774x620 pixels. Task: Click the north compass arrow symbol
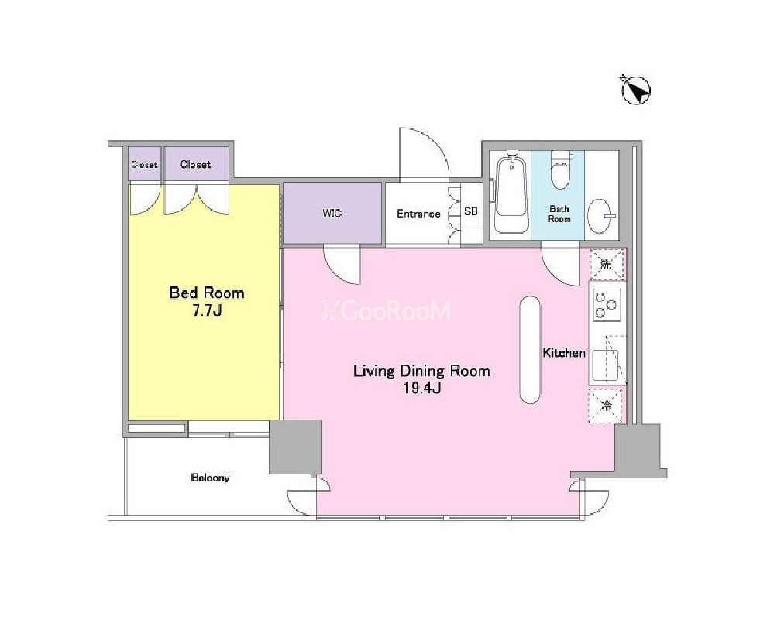pyautogui.click(x=635, y=91)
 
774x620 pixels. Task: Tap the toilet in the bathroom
pyautogui.click(x=561, y=170)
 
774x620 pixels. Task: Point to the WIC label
pyautogui.click(x=332, y=213)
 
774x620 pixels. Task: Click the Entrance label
pyautogui.click(x=418, y=214)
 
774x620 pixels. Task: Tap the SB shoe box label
pyautogui.click(x=471, y=211)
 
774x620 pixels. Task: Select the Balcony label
pyautogui.click(x=210, y=478)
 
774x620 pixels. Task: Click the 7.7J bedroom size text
pyautogui.click(x=207, y=310)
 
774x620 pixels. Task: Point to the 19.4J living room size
pyautogui.click(x=422, y=389)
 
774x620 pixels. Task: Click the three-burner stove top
pyautogui.click(x=607, y=305)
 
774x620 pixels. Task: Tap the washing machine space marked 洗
pyautogui.click(x=607, y=265)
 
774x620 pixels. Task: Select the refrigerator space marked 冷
pyautogui.click(x=606, y=406)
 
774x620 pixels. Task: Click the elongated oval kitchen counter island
pyautogui.click(x=531, y=350)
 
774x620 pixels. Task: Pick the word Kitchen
pyautogui.click(x=564, y=352)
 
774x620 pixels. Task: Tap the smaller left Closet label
pyautogui.click(x=144, y=164)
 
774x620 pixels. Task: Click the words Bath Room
pyautogui.click(x=559, y=214)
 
